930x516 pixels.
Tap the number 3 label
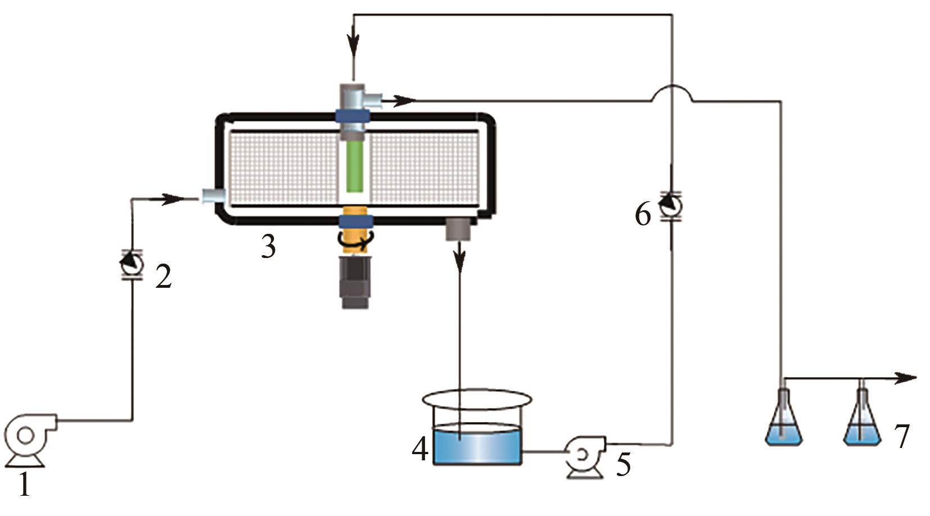coord(269,247)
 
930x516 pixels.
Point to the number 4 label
coord(420,449)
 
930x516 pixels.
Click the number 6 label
coord(643,215)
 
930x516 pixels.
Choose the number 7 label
coord(901,436)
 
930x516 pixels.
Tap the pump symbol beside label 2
coord(132,264)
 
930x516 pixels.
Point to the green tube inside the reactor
coord(355,166)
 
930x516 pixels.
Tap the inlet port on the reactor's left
coord(213,196)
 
